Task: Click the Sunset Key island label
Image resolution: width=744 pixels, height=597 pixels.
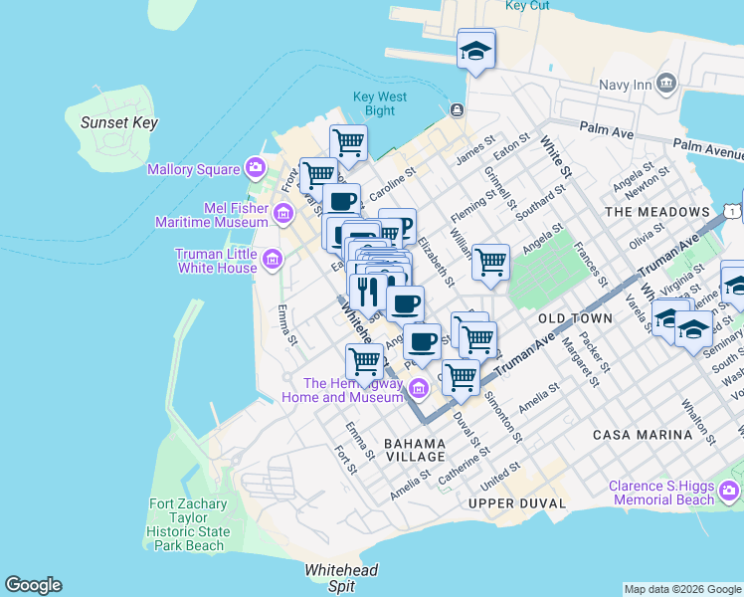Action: pyautogui.click(x=118, y=122)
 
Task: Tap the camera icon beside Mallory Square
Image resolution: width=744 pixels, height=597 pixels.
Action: pyautogui.click(x=256, y=168)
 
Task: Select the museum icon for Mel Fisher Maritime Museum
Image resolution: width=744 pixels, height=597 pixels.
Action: pyautogui.click(x=283, y=213)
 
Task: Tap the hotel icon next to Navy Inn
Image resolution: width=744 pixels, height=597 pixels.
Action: pyautogui.click(x=666, y=84)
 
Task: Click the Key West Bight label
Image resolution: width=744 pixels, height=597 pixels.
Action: pyautogui.click(x=380, y=103)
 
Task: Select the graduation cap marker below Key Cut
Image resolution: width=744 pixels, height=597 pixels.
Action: pyautogui.click(x=476, y=51)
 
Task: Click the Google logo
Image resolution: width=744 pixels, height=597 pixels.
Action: pyautogui.click(x=33, y=585)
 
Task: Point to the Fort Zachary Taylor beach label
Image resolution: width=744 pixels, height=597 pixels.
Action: pyautogui.click(x=189, y=524)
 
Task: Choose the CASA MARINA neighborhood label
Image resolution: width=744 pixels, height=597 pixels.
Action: pyautogui.click(x=642, y=435)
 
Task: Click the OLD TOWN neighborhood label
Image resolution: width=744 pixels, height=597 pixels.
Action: pyautogui.click(x=575, y=318)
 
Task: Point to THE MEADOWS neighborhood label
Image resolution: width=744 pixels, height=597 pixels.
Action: pyautogui.click(x=657, y=212)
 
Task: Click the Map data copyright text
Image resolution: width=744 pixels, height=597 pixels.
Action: pyautogui.click(x=682, y=589)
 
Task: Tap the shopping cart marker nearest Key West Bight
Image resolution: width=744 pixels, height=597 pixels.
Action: pyautogui.click(x=348, y=142)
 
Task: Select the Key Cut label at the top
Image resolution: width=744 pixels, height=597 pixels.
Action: pyautogui.click(x=527, y=6)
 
